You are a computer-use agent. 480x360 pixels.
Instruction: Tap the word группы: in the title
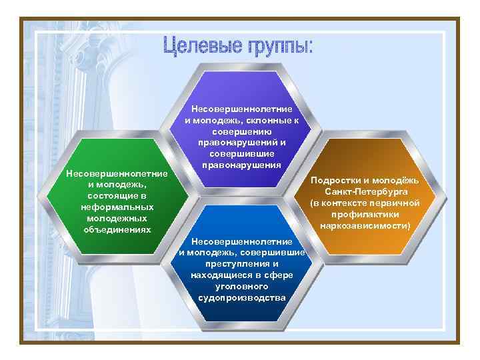(281, 47)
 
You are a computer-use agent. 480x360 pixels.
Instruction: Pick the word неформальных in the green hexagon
(113, 207)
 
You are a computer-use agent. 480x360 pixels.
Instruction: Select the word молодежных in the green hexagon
(113, 218)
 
